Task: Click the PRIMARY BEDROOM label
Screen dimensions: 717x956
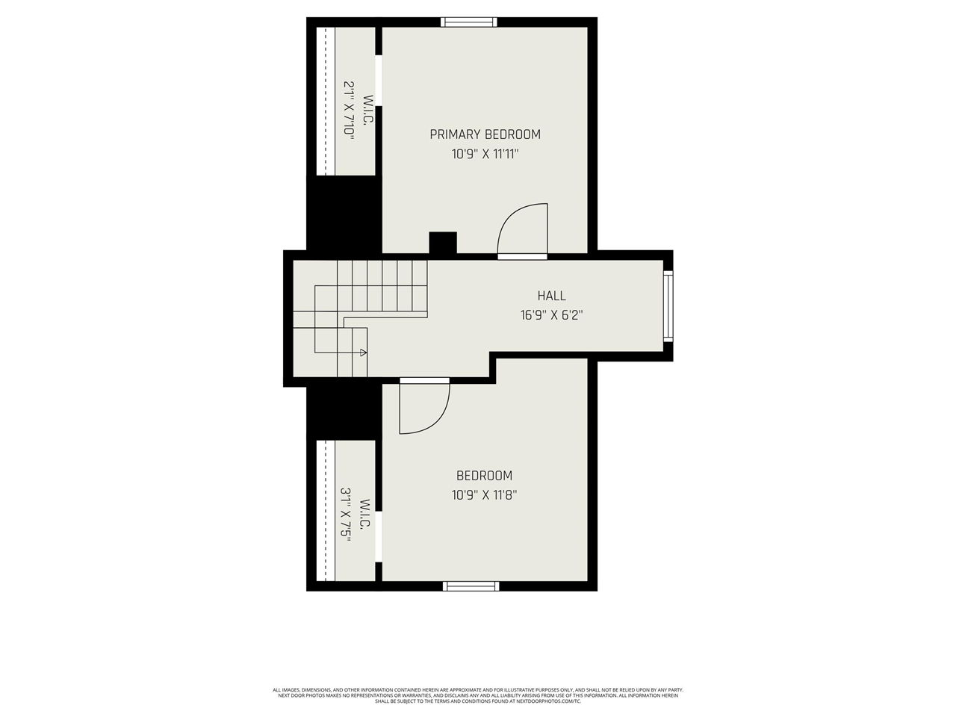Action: [x=485, y=134]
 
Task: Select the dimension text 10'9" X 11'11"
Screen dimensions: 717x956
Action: [x=485, y=155]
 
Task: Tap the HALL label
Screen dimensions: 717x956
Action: [x=551, y=296]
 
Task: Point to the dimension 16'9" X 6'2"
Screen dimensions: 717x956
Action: [x=551, y=315]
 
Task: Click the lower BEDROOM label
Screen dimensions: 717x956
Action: [x=484, y=476]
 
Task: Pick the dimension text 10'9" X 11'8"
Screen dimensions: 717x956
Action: [x=484, y=494]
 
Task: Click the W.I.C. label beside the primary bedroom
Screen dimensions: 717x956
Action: [x=367, y=109]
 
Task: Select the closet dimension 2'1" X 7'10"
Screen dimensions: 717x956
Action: [x=348, y=108]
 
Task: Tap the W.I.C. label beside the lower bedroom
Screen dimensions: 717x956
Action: [x=364, y=515]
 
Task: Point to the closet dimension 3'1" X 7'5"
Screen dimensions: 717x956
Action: [x=346, y=515]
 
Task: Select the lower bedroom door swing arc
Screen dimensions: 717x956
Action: [x=424, y=408]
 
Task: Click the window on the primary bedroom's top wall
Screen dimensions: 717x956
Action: [x=469, y=22]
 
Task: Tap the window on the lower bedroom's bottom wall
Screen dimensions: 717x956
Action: [x=471, y=586]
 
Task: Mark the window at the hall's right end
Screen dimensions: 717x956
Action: [x=668, y=305]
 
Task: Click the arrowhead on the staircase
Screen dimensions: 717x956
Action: [x=363, y=352]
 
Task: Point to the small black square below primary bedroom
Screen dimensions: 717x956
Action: [x=442, y=243]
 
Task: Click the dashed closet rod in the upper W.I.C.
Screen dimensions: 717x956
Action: [x=326, y=101]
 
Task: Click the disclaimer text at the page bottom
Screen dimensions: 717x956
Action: [x=478, y=695]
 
